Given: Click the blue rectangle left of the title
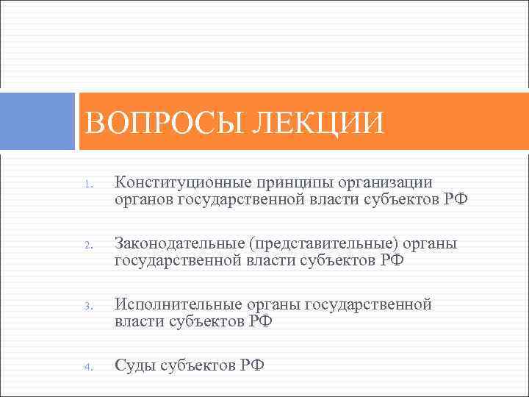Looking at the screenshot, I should tap(37, 121).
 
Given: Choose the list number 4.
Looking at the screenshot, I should tap(87, 368).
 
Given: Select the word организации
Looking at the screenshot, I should tap(386, 182).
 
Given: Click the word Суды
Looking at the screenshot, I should tap(134, 365).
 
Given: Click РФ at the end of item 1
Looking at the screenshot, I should tap(455, 200).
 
